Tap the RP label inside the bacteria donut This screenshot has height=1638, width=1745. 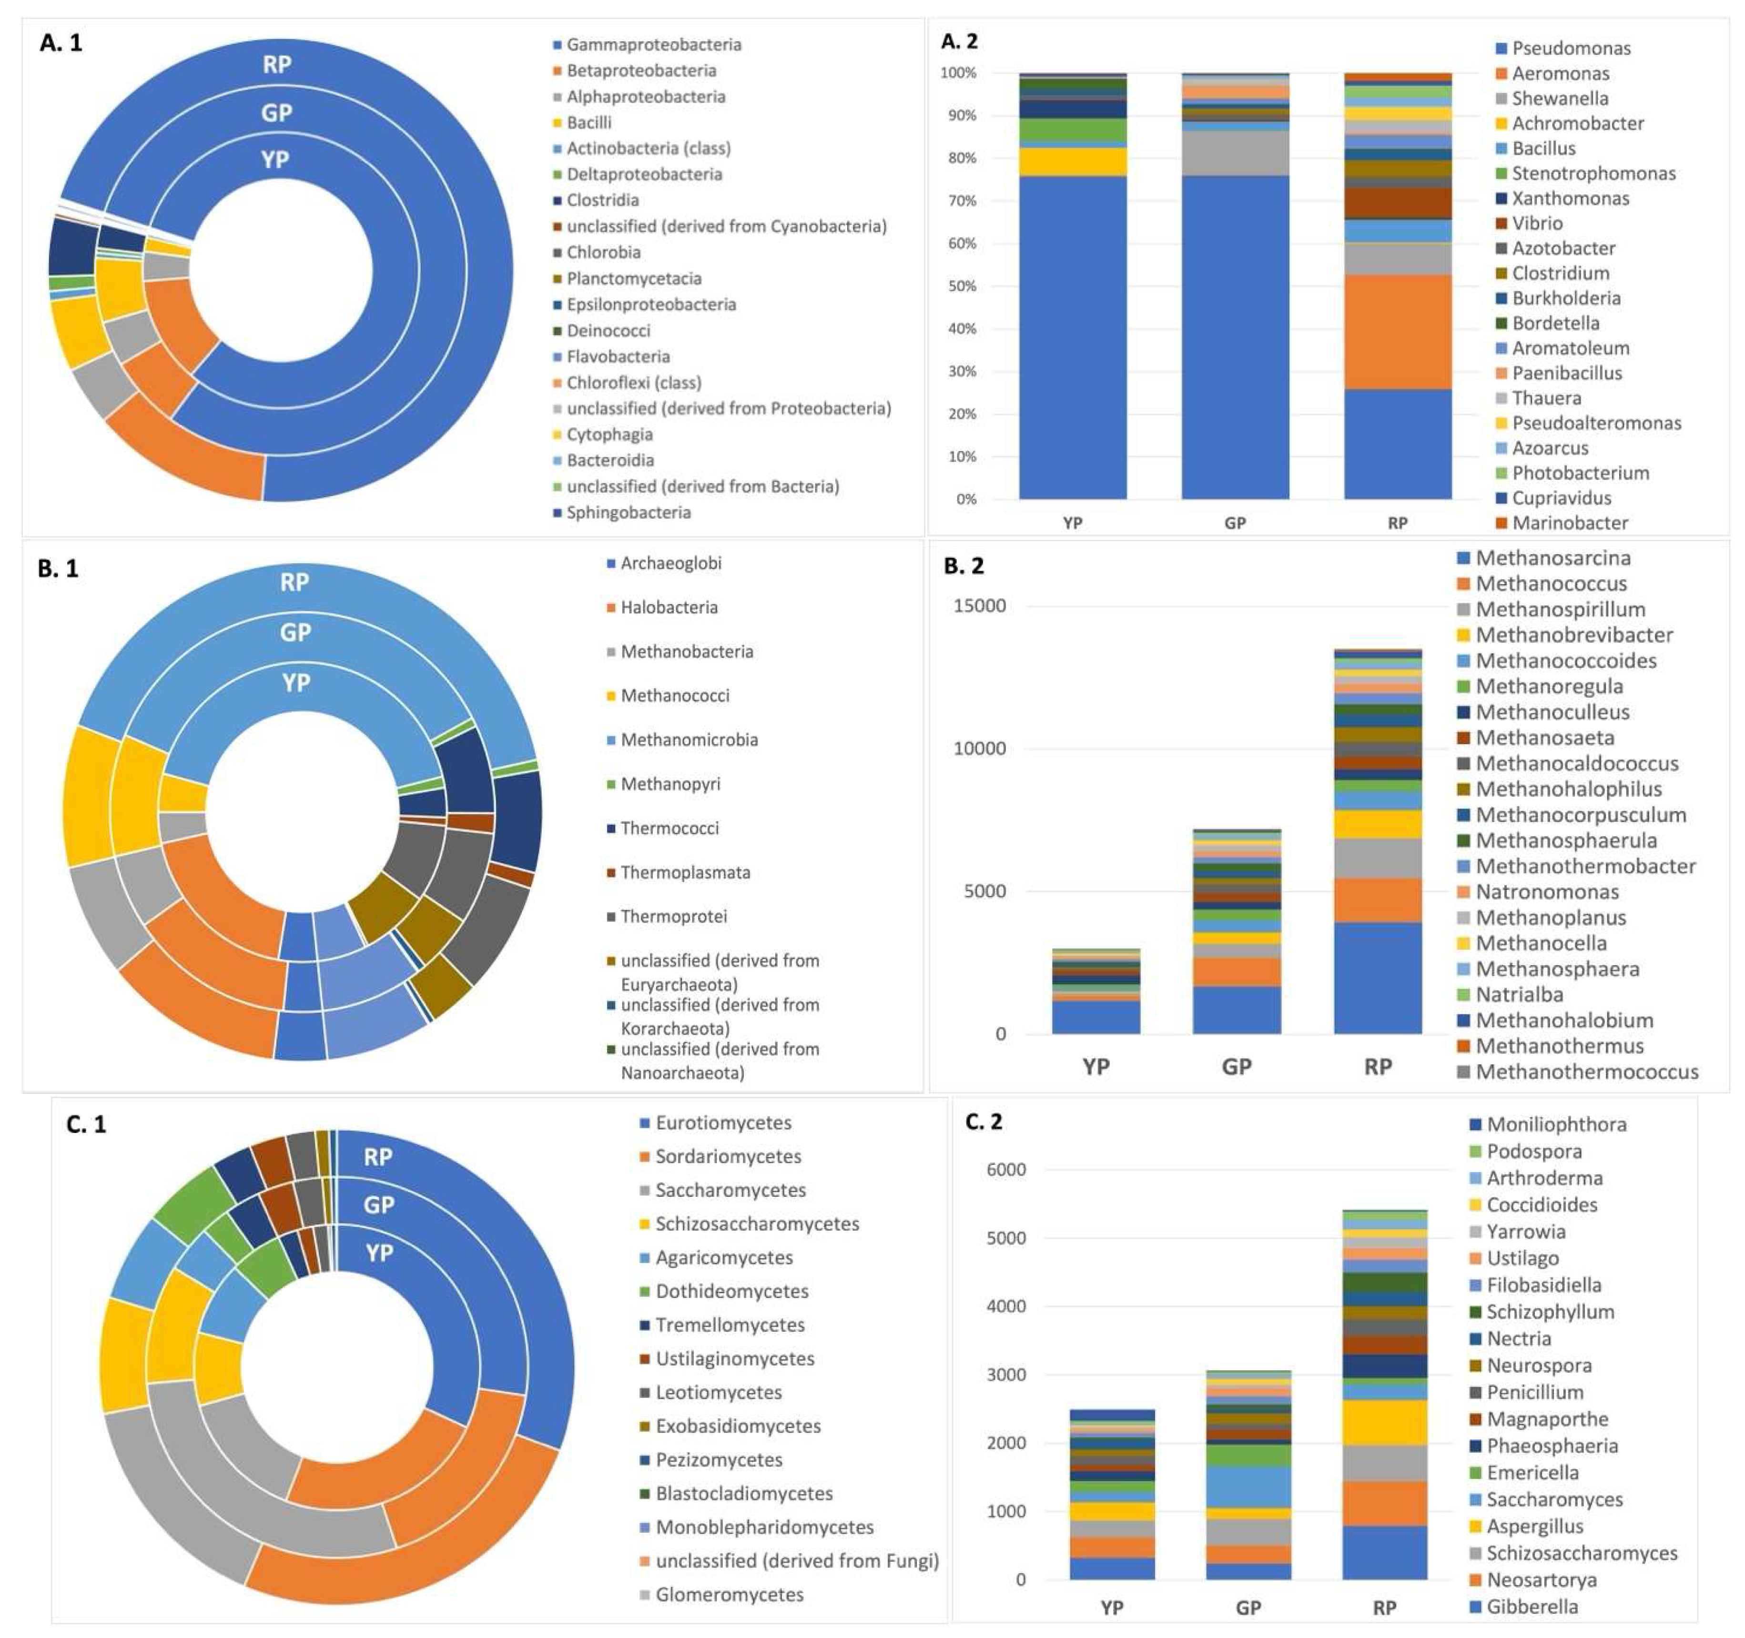click(x=276, y=64)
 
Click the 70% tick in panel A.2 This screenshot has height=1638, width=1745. click(x=959, y=201)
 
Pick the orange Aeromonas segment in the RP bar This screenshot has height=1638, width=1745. click(x=1398, y=332)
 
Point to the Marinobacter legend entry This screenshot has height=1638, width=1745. click(x=1570, y=523)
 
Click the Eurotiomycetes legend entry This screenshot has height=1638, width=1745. click(x=722, y=1122)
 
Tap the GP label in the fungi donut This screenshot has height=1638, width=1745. click(x=378, y=1204)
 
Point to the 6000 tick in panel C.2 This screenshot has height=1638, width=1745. click(x=1008, y=1169)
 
